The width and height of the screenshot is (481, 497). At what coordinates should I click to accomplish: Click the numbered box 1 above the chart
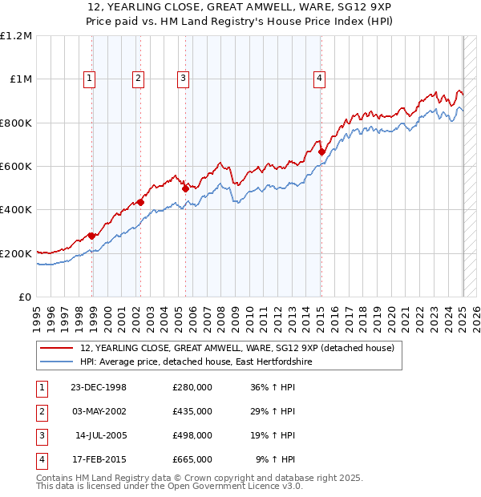click(x=88, y=78)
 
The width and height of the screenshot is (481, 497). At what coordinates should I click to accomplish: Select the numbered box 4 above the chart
click(x=319, y=78)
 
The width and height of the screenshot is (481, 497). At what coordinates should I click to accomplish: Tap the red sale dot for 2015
click(x=321, y=152)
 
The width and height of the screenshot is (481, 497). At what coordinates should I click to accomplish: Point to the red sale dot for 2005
click(x=185, y=188)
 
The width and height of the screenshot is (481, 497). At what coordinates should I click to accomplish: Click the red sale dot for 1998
click(x=91, y=236)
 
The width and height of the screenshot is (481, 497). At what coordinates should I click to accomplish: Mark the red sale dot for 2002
click(x=140, y=202)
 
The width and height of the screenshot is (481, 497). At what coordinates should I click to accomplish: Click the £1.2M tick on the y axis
click(x=16, y=36)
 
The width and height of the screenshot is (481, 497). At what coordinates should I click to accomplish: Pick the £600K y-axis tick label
click(x=16, y=167)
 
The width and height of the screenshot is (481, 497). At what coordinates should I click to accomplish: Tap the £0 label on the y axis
click(x=24, y=297)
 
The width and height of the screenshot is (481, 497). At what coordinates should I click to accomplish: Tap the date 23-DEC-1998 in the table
click(x=99, y=387)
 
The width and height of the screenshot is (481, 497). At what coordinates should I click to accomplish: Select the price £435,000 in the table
click(x=192, y=411)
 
